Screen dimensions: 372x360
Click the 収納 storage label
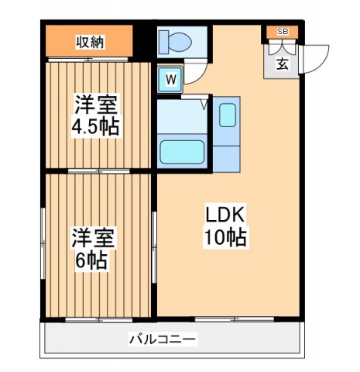tap(90, 41)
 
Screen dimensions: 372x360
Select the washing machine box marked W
tap(170, 78)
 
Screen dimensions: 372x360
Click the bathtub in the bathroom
tap(182, 151)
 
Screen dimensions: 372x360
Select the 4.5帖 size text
tap(97, 126)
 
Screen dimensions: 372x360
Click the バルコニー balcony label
tap(163, 339)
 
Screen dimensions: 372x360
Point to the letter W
tap(170, 78)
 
